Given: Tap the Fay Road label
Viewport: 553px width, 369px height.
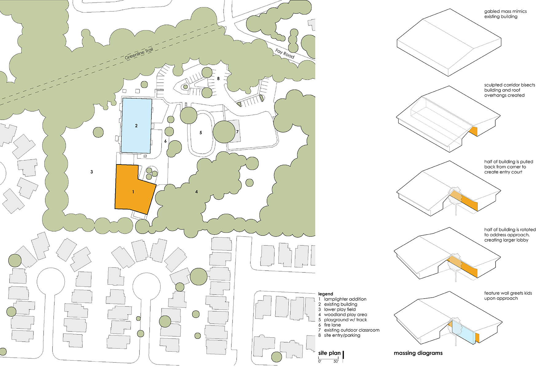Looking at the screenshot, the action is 285,54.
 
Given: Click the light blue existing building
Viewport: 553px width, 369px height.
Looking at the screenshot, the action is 136,125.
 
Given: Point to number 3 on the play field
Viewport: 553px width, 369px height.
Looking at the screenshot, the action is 92,172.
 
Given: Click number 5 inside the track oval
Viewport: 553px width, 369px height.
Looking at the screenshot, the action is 201,133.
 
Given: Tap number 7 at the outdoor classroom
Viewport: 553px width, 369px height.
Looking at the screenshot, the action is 237,132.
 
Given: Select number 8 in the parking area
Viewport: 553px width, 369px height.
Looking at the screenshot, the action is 218,79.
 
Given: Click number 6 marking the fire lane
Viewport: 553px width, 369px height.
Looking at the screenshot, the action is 165,141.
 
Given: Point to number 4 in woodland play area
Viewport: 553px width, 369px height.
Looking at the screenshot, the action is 197,192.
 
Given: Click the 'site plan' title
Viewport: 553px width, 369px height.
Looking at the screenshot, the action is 329,353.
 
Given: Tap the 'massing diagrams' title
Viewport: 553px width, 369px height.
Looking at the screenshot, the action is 418,353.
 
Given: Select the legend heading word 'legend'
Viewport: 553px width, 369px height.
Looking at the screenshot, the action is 326,294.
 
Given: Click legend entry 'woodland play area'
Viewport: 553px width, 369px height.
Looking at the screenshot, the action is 346,315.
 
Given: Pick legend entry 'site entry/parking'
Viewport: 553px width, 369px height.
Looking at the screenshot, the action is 342,335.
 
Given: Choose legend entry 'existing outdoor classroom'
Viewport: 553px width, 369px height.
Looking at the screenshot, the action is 352,330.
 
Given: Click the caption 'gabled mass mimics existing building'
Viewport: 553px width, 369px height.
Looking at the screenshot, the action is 505,14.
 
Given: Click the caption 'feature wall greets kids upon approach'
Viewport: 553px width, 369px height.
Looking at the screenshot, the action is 508,296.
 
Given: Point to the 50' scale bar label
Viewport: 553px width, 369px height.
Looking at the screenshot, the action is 336,361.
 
